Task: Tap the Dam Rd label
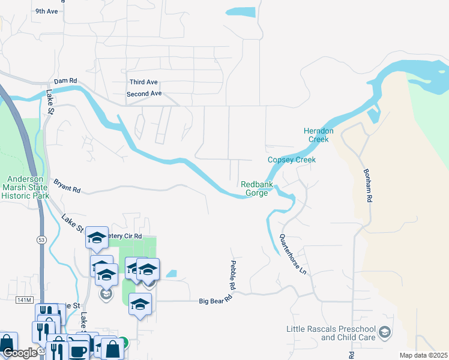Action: point(65,81)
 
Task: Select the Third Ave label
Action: point(143,82)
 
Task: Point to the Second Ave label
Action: point(144,94)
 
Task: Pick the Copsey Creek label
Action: point(291,160)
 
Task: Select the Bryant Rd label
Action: point(67,185)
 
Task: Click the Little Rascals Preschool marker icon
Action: point(385,331)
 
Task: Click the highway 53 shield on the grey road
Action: point(41,239)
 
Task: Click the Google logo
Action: point(20,353)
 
